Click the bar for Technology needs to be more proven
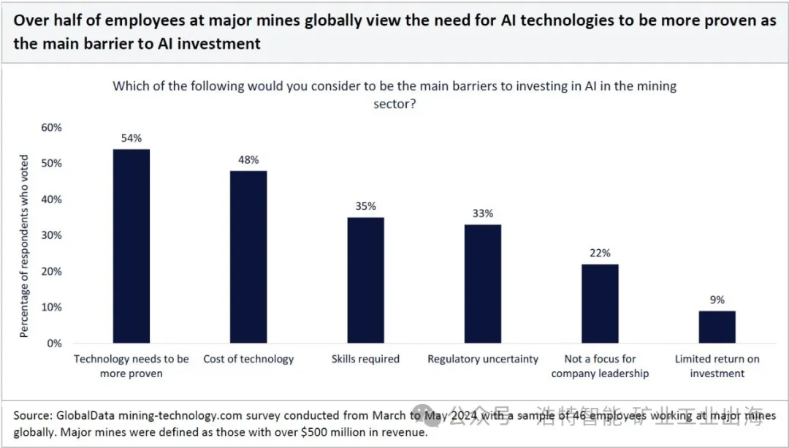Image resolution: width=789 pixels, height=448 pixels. pyautogui.click(x=131, y=246)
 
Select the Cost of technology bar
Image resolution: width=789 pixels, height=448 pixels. pyautogui.click(x=248, y=257)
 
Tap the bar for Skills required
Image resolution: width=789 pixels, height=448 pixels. pyautogui.click(x=365, y=280)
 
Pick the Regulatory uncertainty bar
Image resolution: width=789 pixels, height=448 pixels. pyautogui.click(x=483, y=284)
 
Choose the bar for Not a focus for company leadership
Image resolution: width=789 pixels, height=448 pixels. pyautogui.click(x=600, y=303)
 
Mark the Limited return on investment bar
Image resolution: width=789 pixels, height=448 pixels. pyautogui.click(x=717, y=327)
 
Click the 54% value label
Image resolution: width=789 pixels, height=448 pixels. pyautogui.click(x=131, y=138)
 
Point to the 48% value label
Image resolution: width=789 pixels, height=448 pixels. pyautogui.click(x=248, y=160)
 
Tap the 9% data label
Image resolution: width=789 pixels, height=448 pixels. pyautogui.click(x=717, y=300)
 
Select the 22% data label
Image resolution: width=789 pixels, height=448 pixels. pyautogui.click(x=600, y=253)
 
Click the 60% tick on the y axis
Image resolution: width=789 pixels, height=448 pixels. pyautogui.click(x=50, y=127)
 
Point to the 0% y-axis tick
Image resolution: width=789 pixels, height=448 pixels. pyautogui.click(x=53, y=343)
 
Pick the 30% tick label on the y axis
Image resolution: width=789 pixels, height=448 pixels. pyautogui.click(x=50, y=235)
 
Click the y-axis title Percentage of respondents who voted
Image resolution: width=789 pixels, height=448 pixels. pyautogui.click(x=24, y=246)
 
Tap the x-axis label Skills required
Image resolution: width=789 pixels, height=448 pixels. pyautogui.click(x=365, y=359)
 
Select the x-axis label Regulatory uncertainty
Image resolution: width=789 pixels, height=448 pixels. pyautogui.click(x=483, y=359)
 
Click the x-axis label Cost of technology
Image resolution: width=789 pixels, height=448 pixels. pyautogui.click(x=248, y=359)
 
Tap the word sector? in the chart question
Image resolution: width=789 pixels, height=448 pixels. pyautogui.click(x=394, y=104)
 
